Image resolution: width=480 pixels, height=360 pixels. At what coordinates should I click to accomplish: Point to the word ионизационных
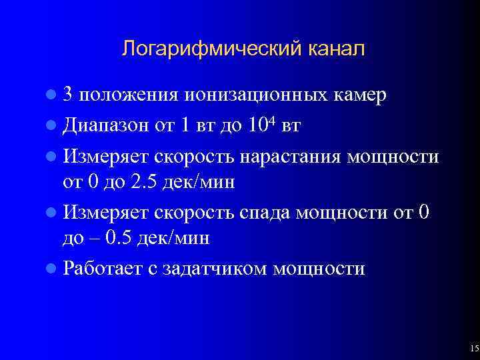[x=257, y=95]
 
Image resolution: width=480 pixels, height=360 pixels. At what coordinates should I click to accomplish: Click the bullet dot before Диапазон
[x=53, y=125]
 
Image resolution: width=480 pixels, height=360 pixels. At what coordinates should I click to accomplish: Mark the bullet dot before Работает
[x=53, y=269]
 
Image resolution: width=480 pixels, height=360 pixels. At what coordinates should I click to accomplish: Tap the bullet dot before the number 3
[x=53, y=95]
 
